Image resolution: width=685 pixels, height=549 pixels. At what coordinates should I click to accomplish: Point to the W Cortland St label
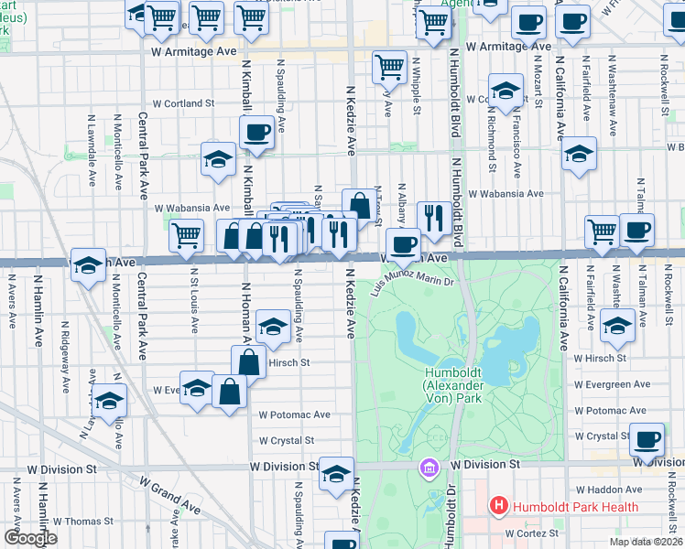coord(183,104)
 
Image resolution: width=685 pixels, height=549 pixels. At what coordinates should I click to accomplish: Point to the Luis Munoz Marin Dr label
coord(413,282)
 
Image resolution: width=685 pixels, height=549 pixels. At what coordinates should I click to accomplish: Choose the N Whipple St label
coord(417,87)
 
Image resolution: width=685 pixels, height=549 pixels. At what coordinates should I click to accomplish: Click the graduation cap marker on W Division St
coord(336,473)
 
